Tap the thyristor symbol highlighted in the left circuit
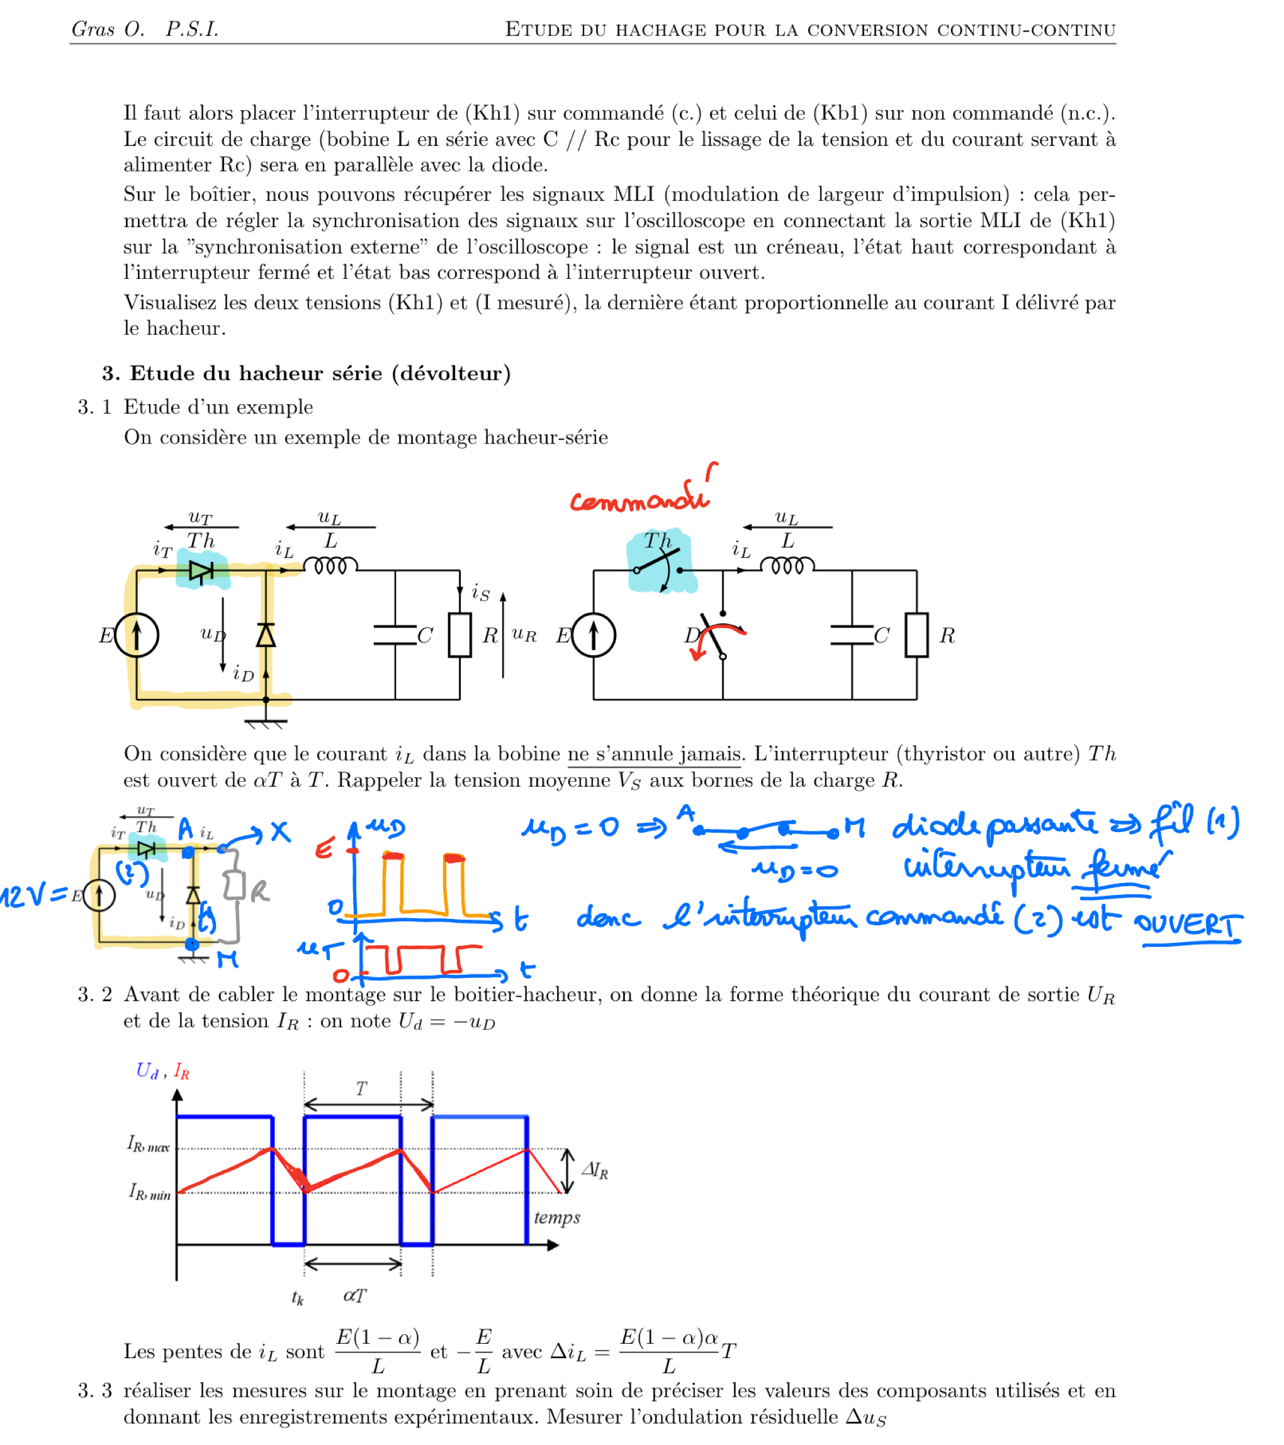click(x=201, y=570)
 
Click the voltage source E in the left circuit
click(x=137, y=635)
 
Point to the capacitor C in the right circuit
click(x=852, y=635)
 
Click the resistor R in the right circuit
click(x=916, y=635)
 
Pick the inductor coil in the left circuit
click(x=330, y=566)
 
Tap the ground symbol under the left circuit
click(x=266, y=723)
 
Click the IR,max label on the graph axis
click(x=149, y=1144)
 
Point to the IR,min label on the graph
click(x=149, y=1192)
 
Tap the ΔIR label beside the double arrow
click(x=595, y=1170)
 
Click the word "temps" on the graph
click(x=557, y=1217)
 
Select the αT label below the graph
click(x=354, y=1295)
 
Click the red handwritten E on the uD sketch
click(x=324, y=848)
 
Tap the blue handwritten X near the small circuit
click(x=281, y=831)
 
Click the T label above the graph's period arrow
click(x=361, y=1089)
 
